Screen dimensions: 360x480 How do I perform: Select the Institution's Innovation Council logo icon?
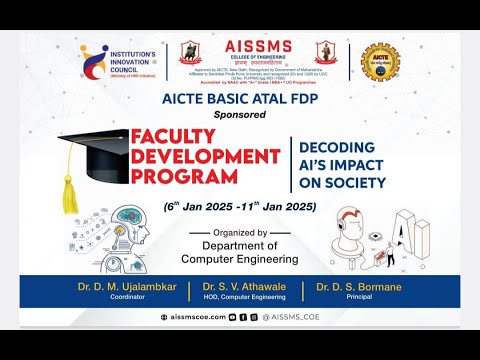pyautogui.click(x=94, y=59)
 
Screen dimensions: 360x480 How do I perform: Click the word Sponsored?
pyautogui.click(x=240, y=115)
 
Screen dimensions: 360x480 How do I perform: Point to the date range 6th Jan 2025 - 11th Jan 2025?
pyautogui.click(x=240, y=206)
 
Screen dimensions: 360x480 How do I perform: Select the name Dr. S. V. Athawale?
pyautogui.click(x=246, y=287)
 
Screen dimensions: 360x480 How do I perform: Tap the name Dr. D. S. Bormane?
pyautogui.click(x=357, y=287)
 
